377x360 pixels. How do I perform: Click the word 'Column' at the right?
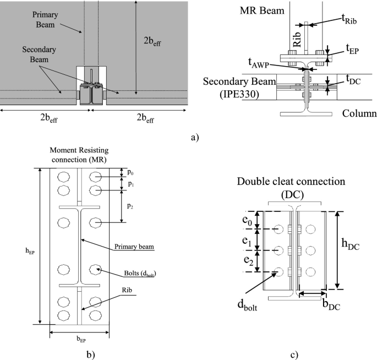358,113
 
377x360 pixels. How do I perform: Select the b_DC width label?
330,303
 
